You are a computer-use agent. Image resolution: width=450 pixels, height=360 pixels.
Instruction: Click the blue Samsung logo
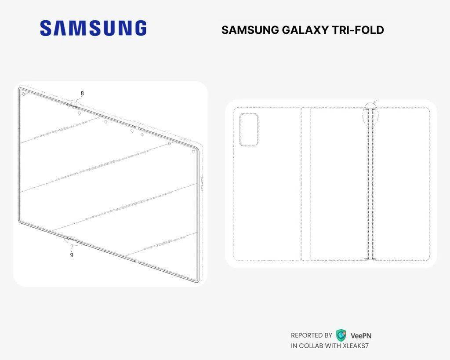(x=93, y=28)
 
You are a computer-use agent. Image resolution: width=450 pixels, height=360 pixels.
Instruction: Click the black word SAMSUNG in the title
(x=250, y=30)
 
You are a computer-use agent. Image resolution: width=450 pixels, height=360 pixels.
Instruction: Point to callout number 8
(x=82, y=93)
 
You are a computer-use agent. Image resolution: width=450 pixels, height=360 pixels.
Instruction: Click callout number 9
(x=72, y=255)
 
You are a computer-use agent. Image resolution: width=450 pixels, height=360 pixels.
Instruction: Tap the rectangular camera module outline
(x=249, y=130)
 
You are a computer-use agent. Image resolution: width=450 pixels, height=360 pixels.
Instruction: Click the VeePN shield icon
(x=341, y=335)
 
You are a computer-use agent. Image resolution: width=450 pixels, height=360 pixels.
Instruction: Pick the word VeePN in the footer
(x=361, y=335)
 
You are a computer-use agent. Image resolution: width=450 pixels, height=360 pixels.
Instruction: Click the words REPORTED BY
(x=312, y=335)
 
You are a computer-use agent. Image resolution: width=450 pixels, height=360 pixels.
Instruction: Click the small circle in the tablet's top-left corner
(x=24, y=94)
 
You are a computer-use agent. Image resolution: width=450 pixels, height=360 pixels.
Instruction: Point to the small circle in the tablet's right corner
(x=194, y=152)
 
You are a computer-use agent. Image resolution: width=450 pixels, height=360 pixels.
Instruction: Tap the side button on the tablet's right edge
(x=202, y=184)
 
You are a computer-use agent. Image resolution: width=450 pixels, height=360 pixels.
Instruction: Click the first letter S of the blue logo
(x=47, y=28)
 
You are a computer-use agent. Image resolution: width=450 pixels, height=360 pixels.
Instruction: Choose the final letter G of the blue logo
(x=140, y=28)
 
